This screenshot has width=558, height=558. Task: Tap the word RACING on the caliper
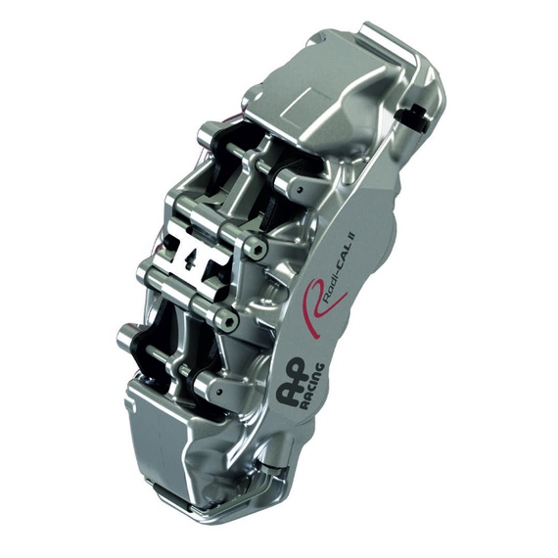(x=312, y=386)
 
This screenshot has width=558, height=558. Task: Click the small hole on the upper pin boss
(x=300, y=189)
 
